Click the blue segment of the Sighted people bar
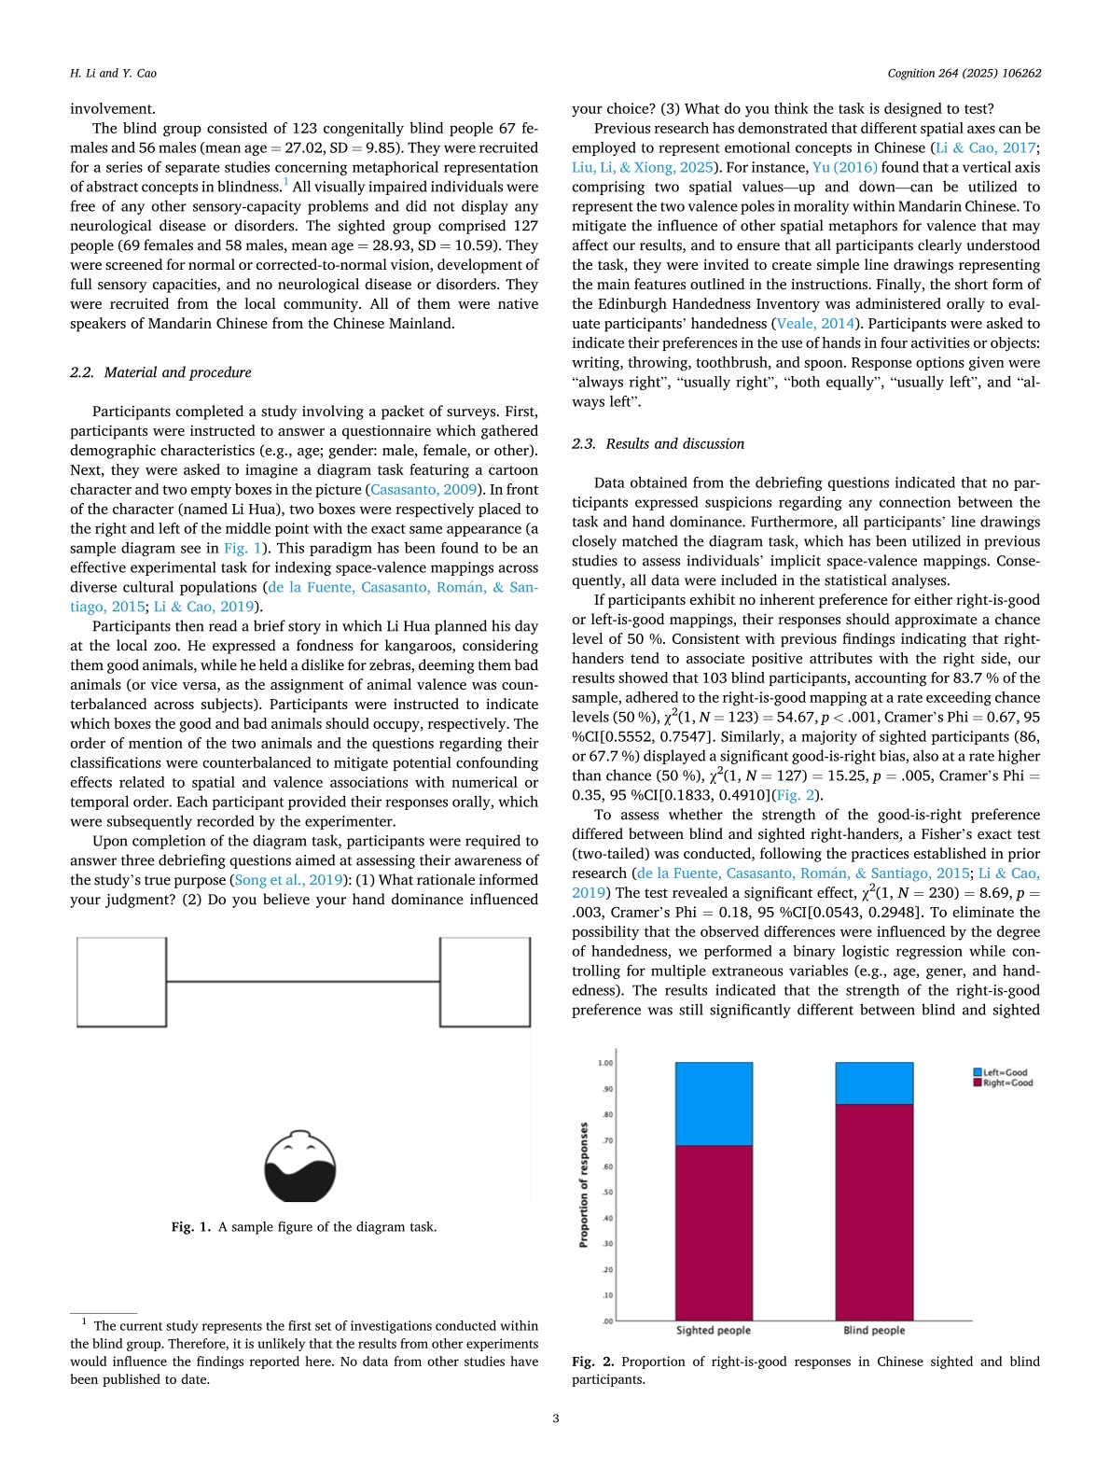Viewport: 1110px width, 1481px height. point(714,1103)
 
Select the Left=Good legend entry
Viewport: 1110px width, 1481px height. point(1004,1072)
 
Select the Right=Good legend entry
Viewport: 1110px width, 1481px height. point(1004,1083)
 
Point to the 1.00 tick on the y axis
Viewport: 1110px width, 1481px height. point(605,1063)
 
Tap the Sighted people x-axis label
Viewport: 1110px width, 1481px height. point(714,1330)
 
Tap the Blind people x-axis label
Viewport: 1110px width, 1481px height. point(874,1330)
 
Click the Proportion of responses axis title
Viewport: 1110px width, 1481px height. point(584,1185)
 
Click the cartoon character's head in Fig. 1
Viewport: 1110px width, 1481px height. point(300,1167)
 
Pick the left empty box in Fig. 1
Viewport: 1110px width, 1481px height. point(121,982)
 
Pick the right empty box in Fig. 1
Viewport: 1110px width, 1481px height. point(485,982)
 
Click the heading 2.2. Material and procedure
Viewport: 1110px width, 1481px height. point(160,372)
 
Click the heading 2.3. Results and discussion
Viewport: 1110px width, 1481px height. point(658,444)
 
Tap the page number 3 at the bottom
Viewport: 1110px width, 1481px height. point(556,1418)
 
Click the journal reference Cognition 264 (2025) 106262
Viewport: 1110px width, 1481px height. point(964,73)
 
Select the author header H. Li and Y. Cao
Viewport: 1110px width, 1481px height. point(113,73)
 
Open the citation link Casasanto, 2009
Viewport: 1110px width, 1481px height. point(424,490)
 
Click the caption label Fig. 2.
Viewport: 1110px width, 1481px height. point(592,1362)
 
